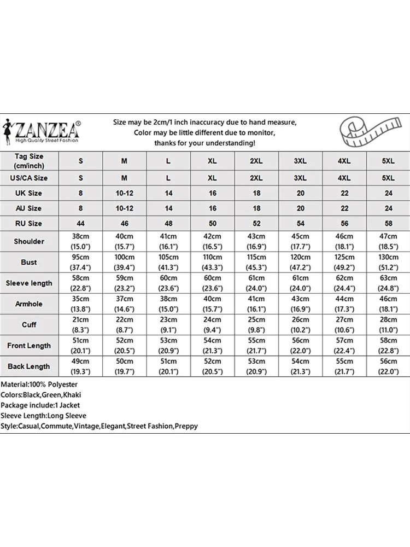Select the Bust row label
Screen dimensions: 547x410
pyautogui.click(x=29, y=262)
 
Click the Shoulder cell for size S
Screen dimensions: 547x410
pyautogui.click(x=81, y=241)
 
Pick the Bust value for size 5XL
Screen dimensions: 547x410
pyautogui.click(x=388, y=262)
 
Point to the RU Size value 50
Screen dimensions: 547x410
pyautogui.click(x=213, y=223)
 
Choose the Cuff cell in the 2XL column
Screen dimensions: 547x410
pyautogui.click(x=256, y=324)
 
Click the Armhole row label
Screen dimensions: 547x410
pyautogui.click(x=29, y=304)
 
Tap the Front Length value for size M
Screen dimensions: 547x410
pyautogui.click(x=125, y=345)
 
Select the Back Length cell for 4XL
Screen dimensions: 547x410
pyautogui.click(x=344, y=366)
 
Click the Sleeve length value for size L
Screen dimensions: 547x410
pyautogui.click(x=168, y=283)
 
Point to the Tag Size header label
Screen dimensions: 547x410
pyautogui.click(x=29, y=160)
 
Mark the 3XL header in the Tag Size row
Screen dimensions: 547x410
pyautogui.click(x=300, y=161)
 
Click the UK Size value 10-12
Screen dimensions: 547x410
pyautogui.click(x=125, y=193)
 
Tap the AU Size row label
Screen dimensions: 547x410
pyautogui.click(x=29, y=208)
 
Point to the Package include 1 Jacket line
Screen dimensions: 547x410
pyautogui.click(x=40, y=405)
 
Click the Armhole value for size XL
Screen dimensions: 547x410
pyautogui.click(x=213, y=304)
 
